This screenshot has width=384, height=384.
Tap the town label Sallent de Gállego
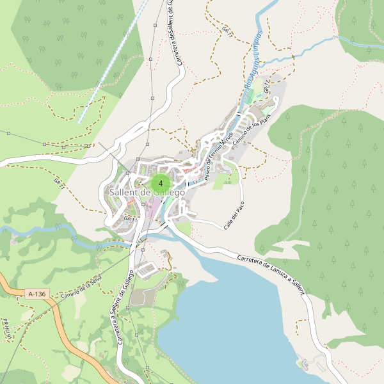tap(147, 193)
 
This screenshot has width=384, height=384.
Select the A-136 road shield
tap(37, 294)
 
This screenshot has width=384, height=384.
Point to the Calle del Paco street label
tap(234, 216)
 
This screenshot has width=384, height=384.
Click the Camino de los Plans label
tap(248, 127)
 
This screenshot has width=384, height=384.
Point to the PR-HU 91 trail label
tap(8, 332)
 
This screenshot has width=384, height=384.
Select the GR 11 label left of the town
tap(59, 184)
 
